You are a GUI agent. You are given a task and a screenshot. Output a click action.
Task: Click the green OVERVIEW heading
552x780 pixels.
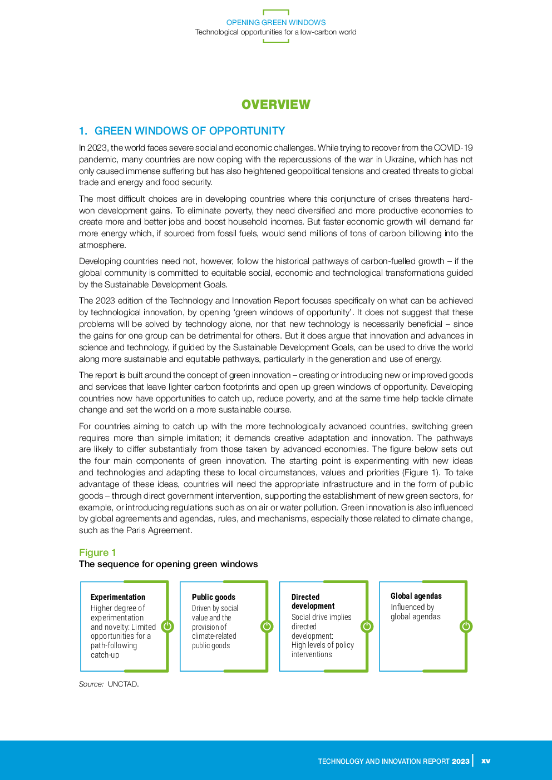point(275,105)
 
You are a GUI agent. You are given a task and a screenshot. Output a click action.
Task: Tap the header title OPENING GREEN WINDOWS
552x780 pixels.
point(275,23)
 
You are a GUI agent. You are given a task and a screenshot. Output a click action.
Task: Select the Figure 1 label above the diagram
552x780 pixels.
point(97,553)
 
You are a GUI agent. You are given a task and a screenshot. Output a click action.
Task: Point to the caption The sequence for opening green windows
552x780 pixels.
point(168,564)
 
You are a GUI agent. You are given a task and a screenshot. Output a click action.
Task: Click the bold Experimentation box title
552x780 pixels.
point(118,597)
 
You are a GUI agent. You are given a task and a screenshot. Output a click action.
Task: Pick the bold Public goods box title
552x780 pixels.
point(213,597)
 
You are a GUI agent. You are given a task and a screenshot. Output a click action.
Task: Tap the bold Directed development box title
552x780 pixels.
point(313,602)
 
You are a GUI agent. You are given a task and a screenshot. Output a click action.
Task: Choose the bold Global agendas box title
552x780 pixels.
point(416,596)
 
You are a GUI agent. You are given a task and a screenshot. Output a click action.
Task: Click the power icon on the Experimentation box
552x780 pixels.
point(167,627)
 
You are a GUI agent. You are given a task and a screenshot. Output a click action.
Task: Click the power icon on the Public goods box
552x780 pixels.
point(267,627)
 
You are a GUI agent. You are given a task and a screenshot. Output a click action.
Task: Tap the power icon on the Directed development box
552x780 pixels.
point(367,627)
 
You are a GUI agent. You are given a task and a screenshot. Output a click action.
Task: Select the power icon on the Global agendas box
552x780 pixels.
point(466,627)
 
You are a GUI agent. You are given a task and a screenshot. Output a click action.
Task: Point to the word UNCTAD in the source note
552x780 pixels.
point(123,684)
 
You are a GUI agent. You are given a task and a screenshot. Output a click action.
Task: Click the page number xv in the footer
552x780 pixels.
point(485,761)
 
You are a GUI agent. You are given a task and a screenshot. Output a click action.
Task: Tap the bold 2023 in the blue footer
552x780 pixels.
point(460,761)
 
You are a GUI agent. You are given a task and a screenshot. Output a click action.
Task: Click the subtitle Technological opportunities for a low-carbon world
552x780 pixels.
point(275,32)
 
